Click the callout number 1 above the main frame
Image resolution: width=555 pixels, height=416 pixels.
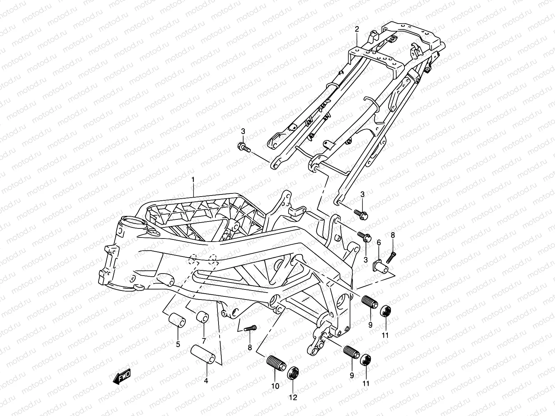(x=194, y=180)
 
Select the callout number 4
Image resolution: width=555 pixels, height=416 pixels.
(x=206, y=381)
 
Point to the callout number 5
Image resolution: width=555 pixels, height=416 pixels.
(x=178, y=345)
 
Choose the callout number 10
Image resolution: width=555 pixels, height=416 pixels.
(x=275, y=386)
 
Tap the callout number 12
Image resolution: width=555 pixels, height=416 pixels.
(x=293, y=398)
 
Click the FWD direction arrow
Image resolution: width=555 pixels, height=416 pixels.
(x=121, y=376)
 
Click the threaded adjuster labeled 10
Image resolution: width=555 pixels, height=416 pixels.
(x=276, y=363)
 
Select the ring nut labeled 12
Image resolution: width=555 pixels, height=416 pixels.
(x=293, y=374)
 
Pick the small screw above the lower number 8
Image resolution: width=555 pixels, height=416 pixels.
(x=250, y=328)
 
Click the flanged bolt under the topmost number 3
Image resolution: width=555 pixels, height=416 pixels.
(x=246, y=148)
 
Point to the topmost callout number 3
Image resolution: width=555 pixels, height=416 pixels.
(x=243, y=131)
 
